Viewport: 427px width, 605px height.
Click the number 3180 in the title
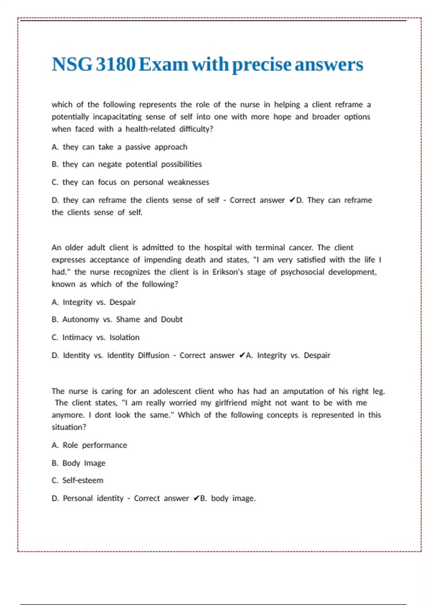tap(116, 64)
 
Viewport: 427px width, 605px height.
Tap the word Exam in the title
tap(163, 64)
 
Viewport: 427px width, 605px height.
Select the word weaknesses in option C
tap(188, 182)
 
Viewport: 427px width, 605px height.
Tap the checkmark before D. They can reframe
tap(291, 200)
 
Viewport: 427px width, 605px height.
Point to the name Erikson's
tap(228, 272)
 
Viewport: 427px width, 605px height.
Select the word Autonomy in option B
tap(81, 319)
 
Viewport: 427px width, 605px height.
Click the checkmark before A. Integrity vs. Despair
tap(242, 356)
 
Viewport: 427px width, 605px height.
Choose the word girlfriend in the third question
tap(231, 403)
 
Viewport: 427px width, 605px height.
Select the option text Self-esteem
tap(83, 480)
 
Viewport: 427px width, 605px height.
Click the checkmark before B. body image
tap(196, 499)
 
